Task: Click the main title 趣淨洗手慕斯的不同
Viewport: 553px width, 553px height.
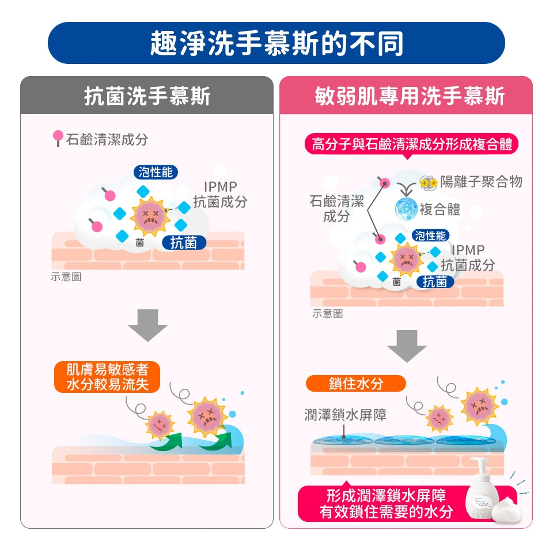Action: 276,43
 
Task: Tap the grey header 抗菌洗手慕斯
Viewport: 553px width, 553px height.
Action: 147,96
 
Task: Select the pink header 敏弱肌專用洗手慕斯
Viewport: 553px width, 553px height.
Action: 410,96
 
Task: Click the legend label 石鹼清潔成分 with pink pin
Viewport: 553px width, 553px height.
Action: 101,139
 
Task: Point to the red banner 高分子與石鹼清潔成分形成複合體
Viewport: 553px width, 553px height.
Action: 411,144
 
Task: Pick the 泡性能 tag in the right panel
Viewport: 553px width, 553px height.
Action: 430,235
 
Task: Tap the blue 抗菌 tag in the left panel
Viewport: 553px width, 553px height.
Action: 183,243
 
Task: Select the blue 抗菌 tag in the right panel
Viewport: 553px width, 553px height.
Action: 434,282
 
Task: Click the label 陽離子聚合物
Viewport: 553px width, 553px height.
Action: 481,182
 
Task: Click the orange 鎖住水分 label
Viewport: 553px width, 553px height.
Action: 355,384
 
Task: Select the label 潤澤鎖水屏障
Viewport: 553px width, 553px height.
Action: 346,415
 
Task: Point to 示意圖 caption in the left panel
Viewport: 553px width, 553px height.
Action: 66,277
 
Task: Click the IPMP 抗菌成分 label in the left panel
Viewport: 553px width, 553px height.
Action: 219,194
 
